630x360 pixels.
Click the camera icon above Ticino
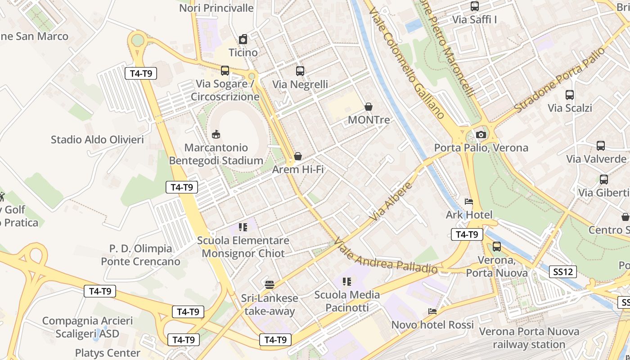click(243, 39)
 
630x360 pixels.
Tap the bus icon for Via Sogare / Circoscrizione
click(225, 71)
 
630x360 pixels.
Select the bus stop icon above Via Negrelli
click(300, 71)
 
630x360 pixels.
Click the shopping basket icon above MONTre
click(369, 107)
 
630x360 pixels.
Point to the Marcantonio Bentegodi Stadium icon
click(216, 134)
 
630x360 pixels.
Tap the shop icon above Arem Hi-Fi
click(298, 156)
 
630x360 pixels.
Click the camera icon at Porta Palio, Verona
click(481, 135)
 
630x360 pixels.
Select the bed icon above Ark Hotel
click(469, 202)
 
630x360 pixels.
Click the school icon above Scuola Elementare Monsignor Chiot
click(243, 227)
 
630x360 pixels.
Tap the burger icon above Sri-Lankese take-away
click(270, 284)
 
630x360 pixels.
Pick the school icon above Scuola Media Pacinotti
click(347, 282)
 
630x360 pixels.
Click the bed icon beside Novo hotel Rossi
click(432, 311)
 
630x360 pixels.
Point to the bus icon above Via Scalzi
click(570, 95)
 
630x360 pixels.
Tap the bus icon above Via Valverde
click(601, 146)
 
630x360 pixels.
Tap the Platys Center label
click(108, 353)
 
